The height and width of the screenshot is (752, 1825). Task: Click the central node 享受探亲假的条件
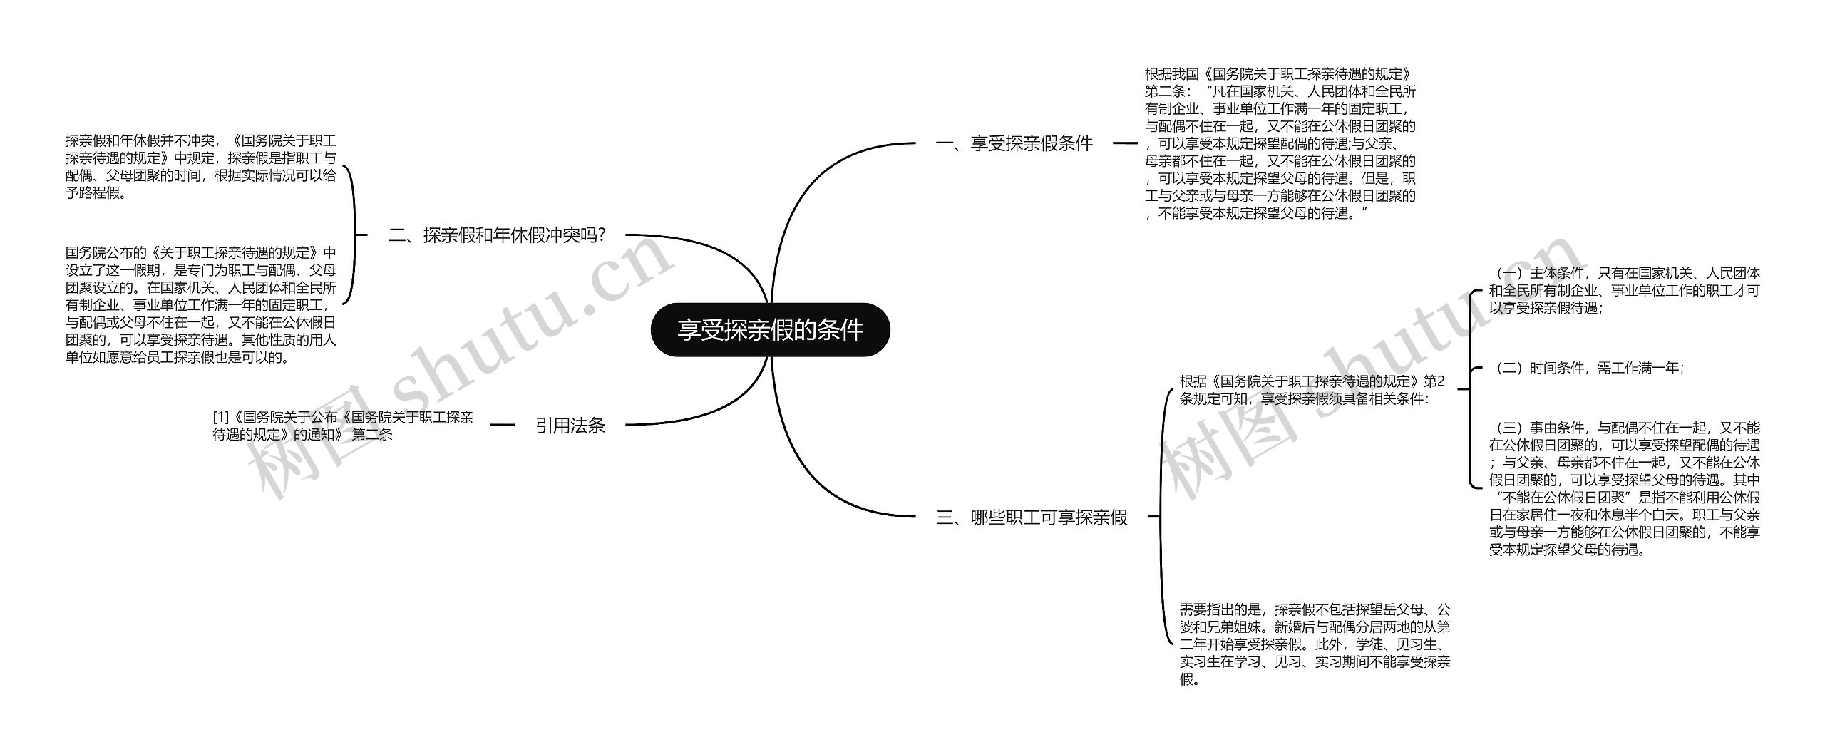pyautogui.click(x=770, y=330)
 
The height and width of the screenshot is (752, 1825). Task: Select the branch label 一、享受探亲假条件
pyautogui.click(x=1014, y=143)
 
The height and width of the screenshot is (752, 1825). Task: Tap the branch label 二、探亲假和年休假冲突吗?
pyautogui.click(x=497, y=235)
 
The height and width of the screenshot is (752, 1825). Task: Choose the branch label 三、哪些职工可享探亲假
pyautogui.click(x=1031, y=517)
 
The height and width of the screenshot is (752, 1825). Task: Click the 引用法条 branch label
pyautogui.click(x=570, y=426)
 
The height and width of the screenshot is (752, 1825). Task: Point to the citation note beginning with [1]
pyautogui.click(x=343, y=426)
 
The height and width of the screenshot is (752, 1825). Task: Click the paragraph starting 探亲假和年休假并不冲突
pyautogui.click(x=200, y=167)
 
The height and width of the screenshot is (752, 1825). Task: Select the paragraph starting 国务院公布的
pyautogui.click(x=200, y=304)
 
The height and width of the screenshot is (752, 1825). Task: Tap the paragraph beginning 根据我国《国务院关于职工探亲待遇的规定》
pyautogui.click(x=1280, y=143)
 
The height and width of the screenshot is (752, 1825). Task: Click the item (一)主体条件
pyautogui.click(x=1624, y=291)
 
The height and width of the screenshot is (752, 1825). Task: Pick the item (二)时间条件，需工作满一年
pyautogui.click(x=1588, y=368)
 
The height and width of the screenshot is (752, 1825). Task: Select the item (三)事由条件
pyautogui.click(x=1624, y=488)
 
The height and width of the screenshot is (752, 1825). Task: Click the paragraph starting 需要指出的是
pyautogui.click(x=1315, y=644)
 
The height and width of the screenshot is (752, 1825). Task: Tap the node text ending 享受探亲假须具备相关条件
pyautogui.click(x=1312, y=390)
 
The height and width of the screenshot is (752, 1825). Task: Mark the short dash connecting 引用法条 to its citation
pyautogui.click(x=503, y=425)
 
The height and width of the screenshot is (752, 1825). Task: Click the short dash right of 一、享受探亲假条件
pyautogui.click(x=1125, y=143)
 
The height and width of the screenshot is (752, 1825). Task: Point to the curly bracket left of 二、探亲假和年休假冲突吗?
pyautogui.click(x=353, y=235)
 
